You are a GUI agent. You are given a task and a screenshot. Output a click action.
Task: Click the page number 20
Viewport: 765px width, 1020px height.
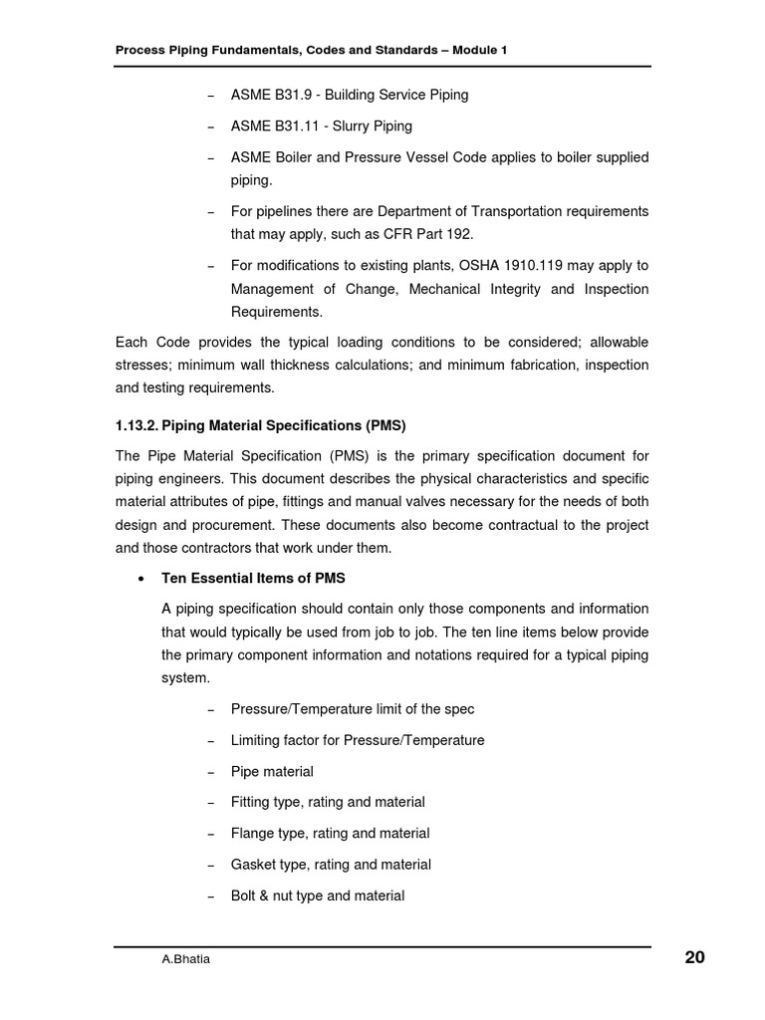coord(694,958)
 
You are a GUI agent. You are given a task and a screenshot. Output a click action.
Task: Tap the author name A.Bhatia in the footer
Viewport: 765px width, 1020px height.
coord(186,960)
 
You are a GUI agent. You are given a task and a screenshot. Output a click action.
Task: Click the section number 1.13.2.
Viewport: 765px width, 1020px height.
coord(136,425)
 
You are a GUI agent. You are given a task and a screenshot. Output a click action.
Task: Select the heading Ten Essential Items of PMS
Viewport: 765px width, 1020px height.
coord(253,579)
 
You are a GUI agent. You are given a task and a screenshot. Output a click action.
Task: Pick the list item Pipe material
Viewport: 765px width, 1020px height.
coord(272,772)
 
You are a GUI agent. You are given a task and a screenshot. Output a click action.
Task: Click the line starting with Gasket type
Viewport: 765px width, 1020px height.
coord(331,865)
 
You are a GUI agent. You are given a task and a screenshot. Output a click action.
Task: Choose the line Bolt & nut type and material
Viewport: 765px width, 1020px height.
coord(318,895)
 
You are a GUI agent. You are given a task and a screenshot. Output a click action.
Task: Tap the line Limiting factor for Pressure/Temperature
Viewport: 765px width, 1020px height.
coord(358,740)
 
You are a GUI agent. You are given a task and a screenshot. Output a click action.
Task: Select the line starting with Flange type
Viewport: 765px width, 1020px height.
coord(330,833)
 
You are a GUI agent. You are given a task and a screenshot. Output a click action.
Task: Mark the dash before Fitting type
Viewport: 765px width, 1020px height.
coord(210,803)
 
